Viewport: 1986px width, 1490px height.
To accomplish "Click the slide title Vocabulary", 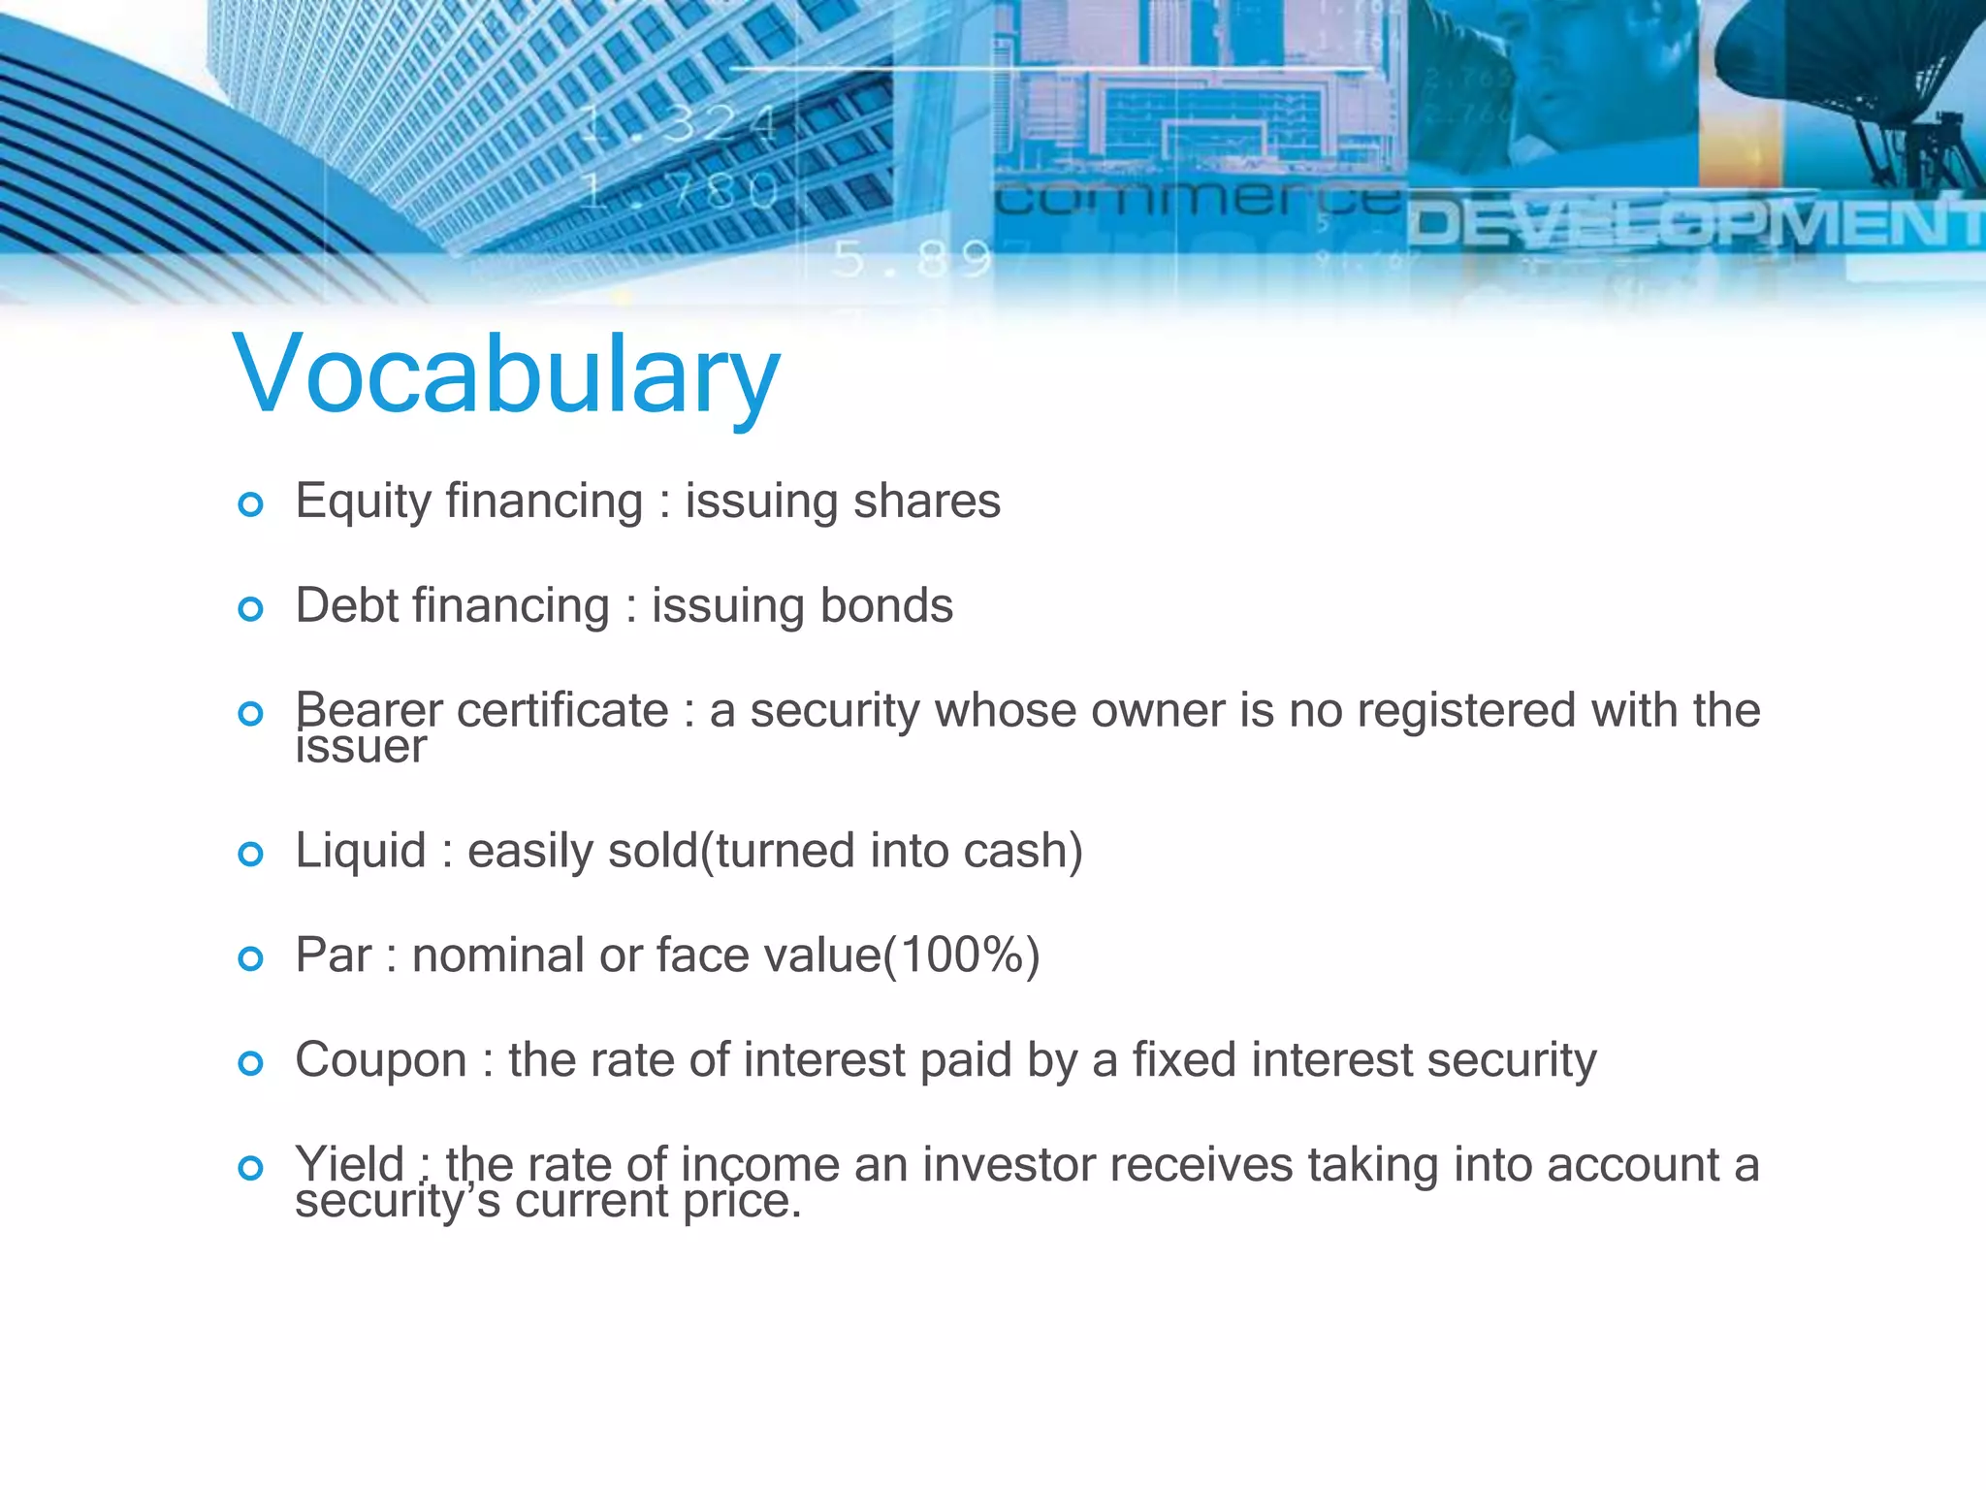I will (x=505, y=375).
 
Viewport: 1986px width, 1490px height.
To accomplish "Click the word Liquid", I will (x=360, y=851).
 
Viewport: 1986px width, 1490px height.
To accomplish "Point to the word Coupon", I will (x=381, y=1059).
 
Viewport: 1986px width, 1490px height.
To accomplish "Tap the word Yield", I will (x=349, y=1163).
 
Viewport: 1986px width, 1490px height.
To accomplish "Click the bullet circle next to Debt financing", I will (x=250, y=608).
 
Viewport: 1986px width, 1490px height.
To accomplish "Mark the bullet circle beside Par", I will (x=250, y=958).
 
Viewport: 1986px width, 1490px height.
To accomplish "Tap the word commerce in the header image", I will (x=1199, y=199).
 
